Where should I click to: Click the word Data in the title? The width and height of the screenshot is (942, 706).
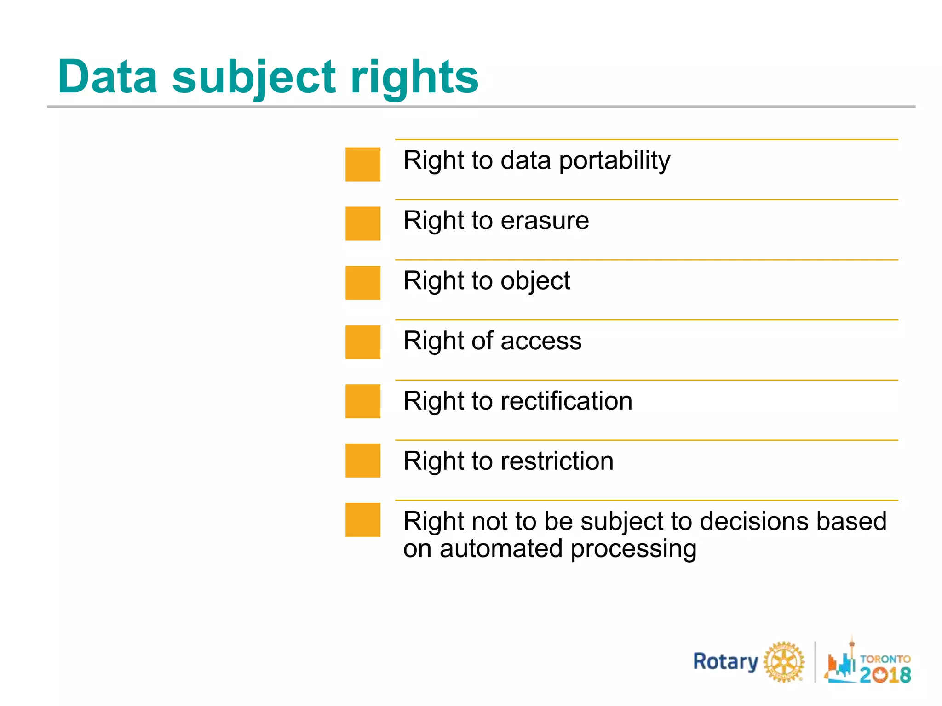[108, 77]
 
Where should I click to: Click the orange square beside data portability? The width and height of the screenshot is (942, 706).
[362, 164]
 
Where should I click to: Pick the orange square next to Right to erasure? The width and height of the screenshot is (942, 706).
[362, 223]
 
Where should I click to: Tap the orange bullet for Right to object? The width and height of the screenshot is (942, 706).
[362, 283]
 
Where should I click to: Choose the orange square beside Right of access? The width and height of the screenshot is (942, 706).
[362, 342]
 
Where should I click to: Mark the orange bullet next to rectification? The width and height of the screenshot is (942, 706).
[362, 401]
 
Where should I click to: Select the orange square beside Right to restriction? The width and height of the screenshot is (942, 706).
[362, 461]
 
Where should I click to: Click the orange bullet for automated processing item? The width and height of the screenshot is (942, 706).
[362, 520]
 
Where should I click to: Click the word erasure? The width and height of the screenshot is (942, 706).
[545, 221]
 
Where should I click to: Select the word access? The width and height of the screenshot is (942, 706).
[541, 342]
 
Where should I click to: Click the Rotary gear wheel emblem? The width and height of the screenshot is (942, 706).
[784, 662]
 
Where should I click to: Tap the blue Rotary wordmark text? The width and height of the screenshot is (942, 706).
[725, 662]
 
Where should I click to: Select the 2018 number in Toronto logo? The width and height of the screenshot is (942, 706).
[885, 675]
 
